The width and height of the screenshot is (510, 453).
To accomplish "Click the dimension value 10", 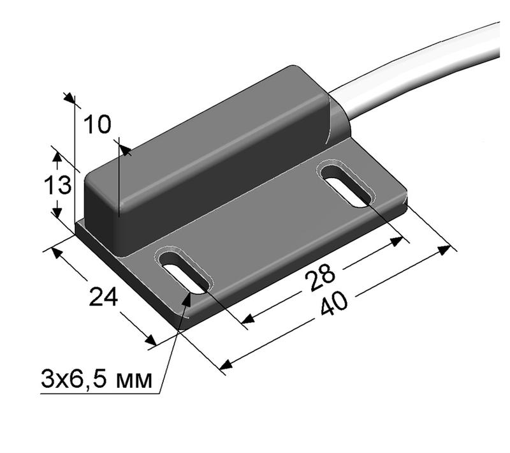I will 98,124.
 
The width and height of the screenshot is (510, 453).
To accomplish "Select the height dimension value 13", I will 57,186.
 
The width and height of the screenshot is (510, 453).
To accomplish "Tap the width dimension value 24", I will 103,297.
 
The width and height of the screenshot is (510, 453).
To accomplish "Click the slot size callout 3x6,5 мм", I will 97,381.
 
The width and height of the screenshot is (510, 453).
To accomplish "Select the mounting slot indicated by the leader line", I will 184,272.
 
